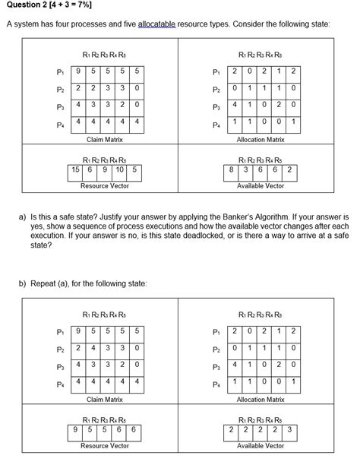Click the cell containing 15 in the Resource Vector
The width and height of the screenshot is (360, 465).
point(77,169)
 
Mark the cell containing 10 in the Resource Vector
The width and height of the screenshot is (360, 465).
point(120,169)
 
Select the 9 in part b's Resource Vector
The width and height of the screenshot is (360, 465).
point(76,430)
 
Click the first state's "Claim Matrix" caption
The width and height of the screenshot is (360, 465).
point(105,140)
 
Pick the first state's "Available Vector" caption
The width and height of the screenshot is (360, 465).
point(261,185)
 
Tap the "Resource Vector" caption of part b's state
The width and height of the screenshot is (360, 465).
point(105,446)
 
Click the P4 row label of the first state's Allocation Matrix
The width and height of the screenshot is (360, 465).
point(216,125)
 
